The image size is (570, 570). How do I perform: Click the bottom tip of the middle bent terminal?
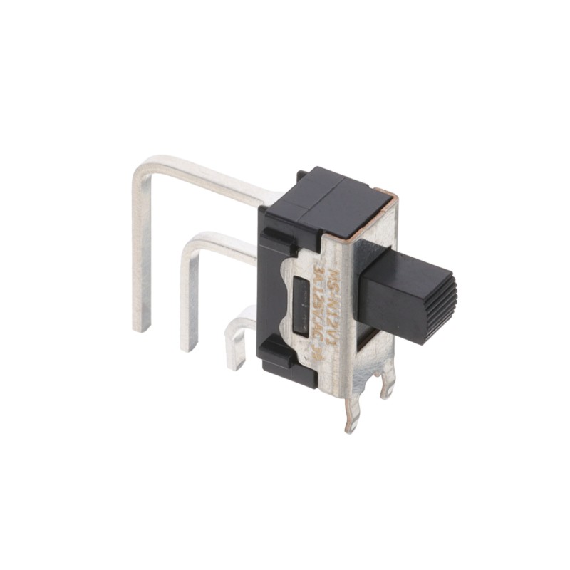190,346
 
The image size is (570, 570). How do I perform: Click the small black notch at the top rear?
304,175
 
